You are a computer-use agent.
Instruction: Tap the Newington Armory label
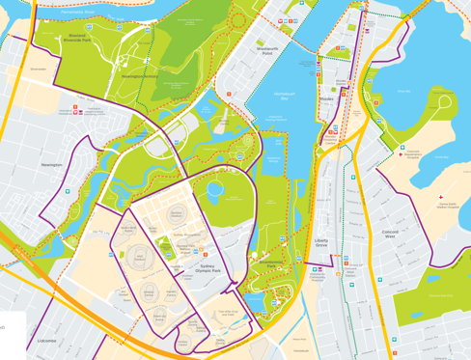coord(139,75)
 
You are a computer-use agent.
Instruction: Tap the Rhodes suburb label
coord(325,97)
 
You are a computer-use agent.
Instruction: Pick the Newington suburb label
coord(52,165)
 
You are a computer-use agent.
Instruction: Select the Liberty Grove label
coord(322,244)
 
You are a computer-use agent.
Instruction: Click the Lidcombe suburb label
coord(45,341)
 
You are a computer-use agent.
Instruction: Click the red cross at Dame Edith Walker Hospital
coord(439,195)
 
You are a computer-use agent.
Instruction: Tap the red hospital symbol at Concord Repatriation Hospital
coord(402,148)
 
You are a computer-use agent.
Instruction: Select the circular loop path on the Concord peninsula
coord(443,98)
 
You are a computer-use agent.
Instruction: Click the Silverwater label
coord(39,69)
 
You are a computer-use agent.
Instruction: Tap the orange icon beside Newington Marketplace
coord(74,107)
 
